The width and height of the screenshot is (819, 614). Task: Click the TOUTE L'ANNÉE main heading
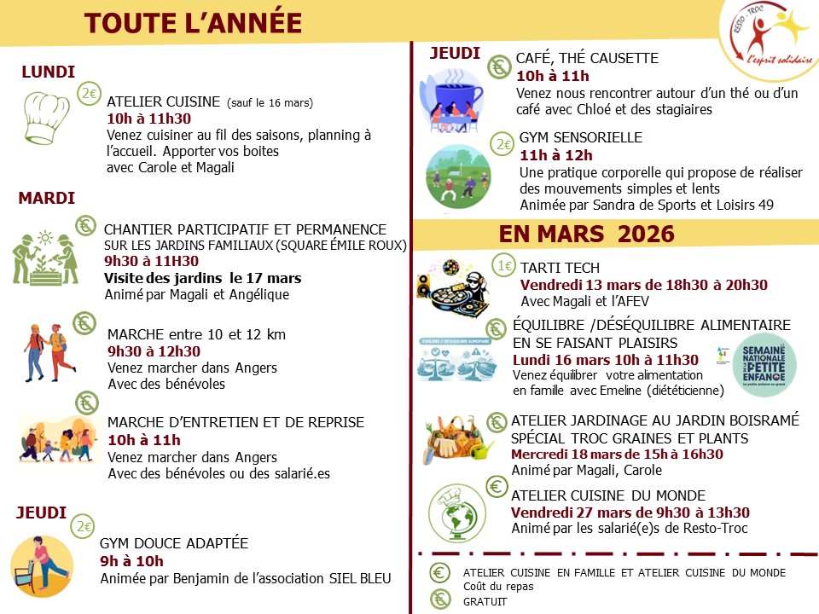(x=193, y=23)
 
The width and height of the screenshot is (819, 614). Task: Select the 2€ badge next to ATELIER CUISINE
(x=89, y=94)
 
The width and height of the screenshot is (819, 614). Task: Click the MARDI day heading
(x=47, y=199)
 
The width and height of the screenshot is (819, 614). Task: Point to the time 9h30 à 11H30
(x=151, y=261)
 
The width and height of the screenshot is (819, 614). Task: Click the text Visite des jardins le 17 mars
(x=202, y=278)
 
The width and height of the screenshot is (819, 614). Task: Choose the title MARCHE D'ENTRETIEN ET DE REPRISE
(x=235, y=422)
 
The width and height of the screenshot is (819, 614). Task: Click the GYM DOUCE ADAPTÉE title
(x=174, y=543)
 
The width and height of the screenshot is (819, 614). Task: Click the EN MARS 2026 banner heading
(x=587, y=234)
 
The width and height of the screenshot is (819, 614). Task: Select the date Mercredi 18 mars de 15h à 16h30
(x=617, y=454)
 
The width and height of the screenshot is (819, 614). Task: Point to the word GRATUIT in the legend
(x=485, y=601)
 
